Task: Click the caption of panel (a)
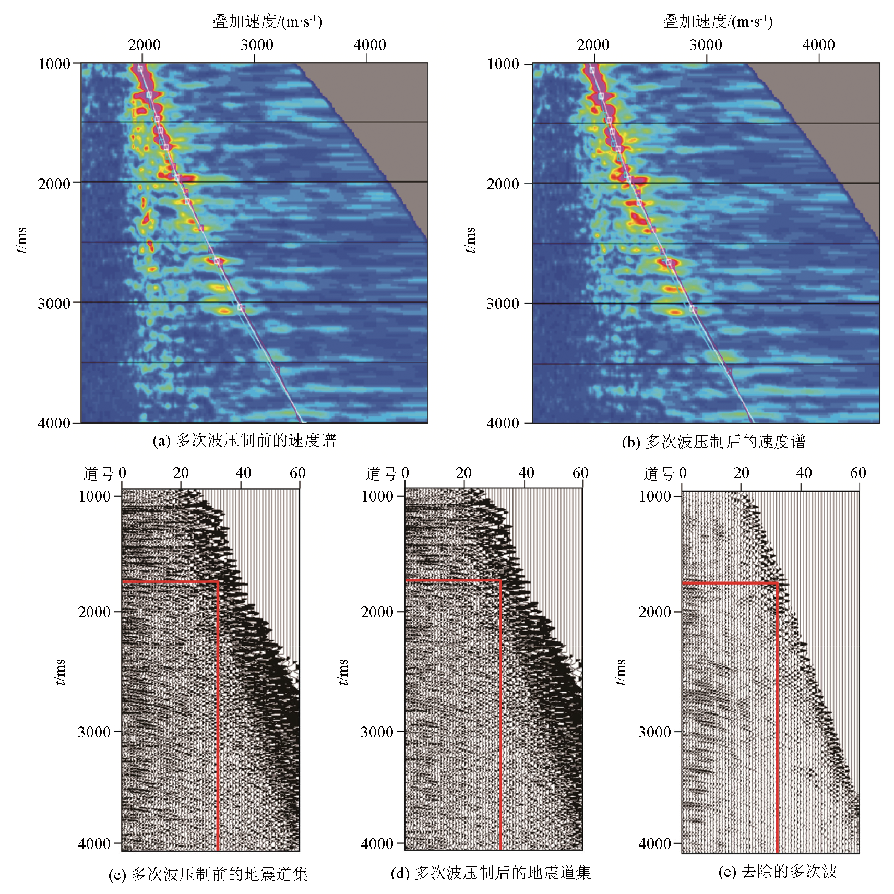click(244, 441)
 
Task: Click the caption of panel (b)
click(713, 442)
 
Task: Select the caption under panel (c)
click(208, 874)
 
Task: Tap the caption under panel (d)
click(491, 873)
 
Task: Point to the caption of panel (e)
click(777, 871)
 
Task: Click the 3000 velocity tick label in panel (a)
click(257, 45)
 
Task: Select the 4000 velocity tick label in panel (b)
click(818, 45)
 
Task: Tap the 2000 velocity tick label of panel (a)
click(144, 45)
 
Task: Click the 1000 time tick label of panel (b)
click(503, 65)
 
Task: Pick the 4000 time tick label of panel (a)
click(54, 423)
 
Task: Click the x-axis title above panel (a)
click(267, 21)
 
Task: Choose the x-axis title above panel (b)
click(718, 21)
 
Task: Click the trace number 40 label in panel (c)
click(243, 473)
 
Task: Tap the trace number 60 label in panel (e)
click(858, 473)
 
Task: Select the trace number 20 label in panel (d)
click(463, 473)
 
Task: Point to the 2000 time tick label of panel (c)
click(94, 612)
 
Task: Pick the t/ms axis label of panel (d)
click(342, 672)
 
